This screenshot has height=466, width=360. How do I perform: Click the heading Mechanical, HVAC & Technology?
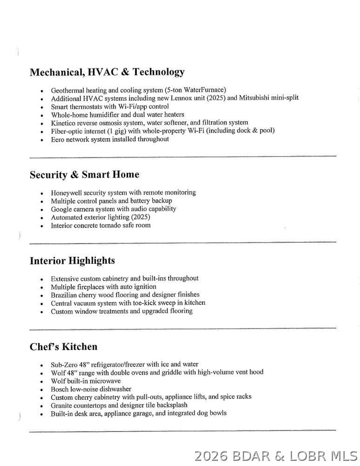click(107, 72)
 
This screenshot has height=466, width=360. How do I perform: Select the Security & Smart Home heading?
click(84, 175)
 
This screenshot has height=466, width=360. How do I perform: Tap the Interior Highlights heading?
click(72, 260)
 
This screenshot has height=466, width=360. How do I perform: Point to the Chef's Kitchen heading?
click(64, 347)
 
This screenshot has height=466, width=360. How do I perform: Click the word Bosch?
click(60, 389)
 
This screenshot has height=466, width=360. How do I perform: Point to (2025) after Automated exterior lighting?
click(141, 217)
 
